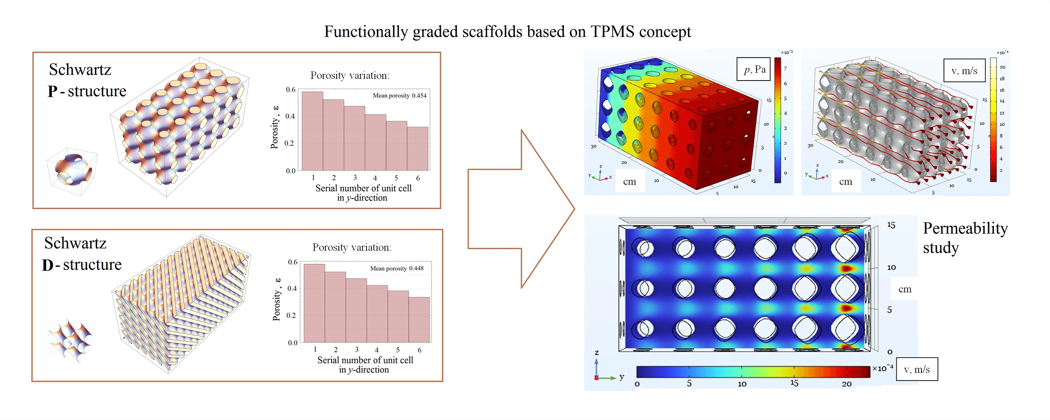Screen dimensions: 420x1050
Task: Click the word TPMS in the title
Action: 612,32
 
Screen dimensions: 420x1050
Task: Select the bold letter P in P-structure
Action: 52,91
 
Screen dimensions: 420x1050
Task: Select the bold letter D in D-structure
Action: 47,265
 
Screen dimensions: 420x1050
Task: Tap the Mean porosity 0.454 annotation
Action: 399,96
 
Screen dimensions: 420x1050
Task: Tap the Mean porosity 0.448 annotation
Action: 397,268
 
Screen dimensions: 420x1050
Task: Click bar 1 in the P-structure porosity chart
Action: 312,131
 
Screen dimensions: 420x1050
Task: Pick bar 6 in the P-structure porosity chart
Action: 418,148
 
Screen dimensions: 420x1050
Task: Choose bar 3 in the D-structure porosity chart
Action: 356,310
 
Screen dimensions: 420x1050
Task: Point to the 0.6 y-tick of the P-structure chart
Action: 290,90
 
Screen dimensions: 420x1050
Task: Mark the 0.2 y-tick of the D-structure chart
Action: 291,315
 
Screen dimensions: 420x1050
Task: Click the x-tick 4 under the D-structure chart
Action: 377,350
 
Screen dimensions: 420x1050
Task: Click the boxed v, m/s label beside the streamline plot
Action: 964,71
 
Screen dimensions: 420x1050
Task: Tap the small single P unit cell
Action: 72,168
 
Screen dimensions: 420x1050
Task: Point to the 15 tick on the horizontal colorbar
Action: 794,383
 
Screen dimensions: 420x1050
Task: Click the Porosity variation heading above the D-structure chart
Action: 352,247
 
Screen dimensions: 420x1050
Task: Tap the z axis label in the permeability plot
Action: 597,353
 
